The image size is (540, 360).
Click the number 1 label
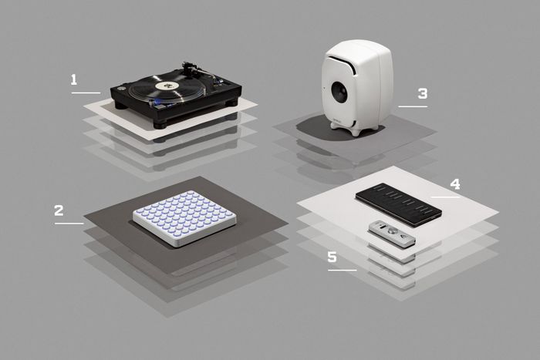(74, 80)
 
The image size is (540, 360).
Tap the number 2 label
(59, 210)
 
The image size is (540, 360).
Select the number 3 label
(423, 93)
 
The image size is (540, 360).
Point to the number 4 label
(455, 184)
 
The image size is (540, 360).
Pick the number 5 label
(332, 257)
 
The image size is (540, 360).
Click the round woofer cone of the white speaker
(340, 91)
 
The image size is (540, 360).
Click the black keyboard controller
(399, 205)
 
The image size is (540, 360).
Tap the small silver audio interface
(392, 234)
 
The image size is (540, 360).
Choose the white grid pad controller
(184, 218)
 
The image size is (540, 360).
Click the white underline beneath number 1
(86, 93)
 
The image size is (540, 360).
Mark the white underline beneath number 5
(343, 270)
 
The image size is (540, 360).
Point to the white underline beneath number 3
(413, 106)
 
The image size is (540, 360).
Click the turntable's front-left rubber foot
(160, 125)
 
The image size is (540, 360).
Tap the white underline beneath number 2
(69, 224)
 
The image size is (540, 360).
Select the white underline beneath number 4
(445, 197)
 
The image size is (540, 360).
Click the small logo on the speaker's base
(338, 121)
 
